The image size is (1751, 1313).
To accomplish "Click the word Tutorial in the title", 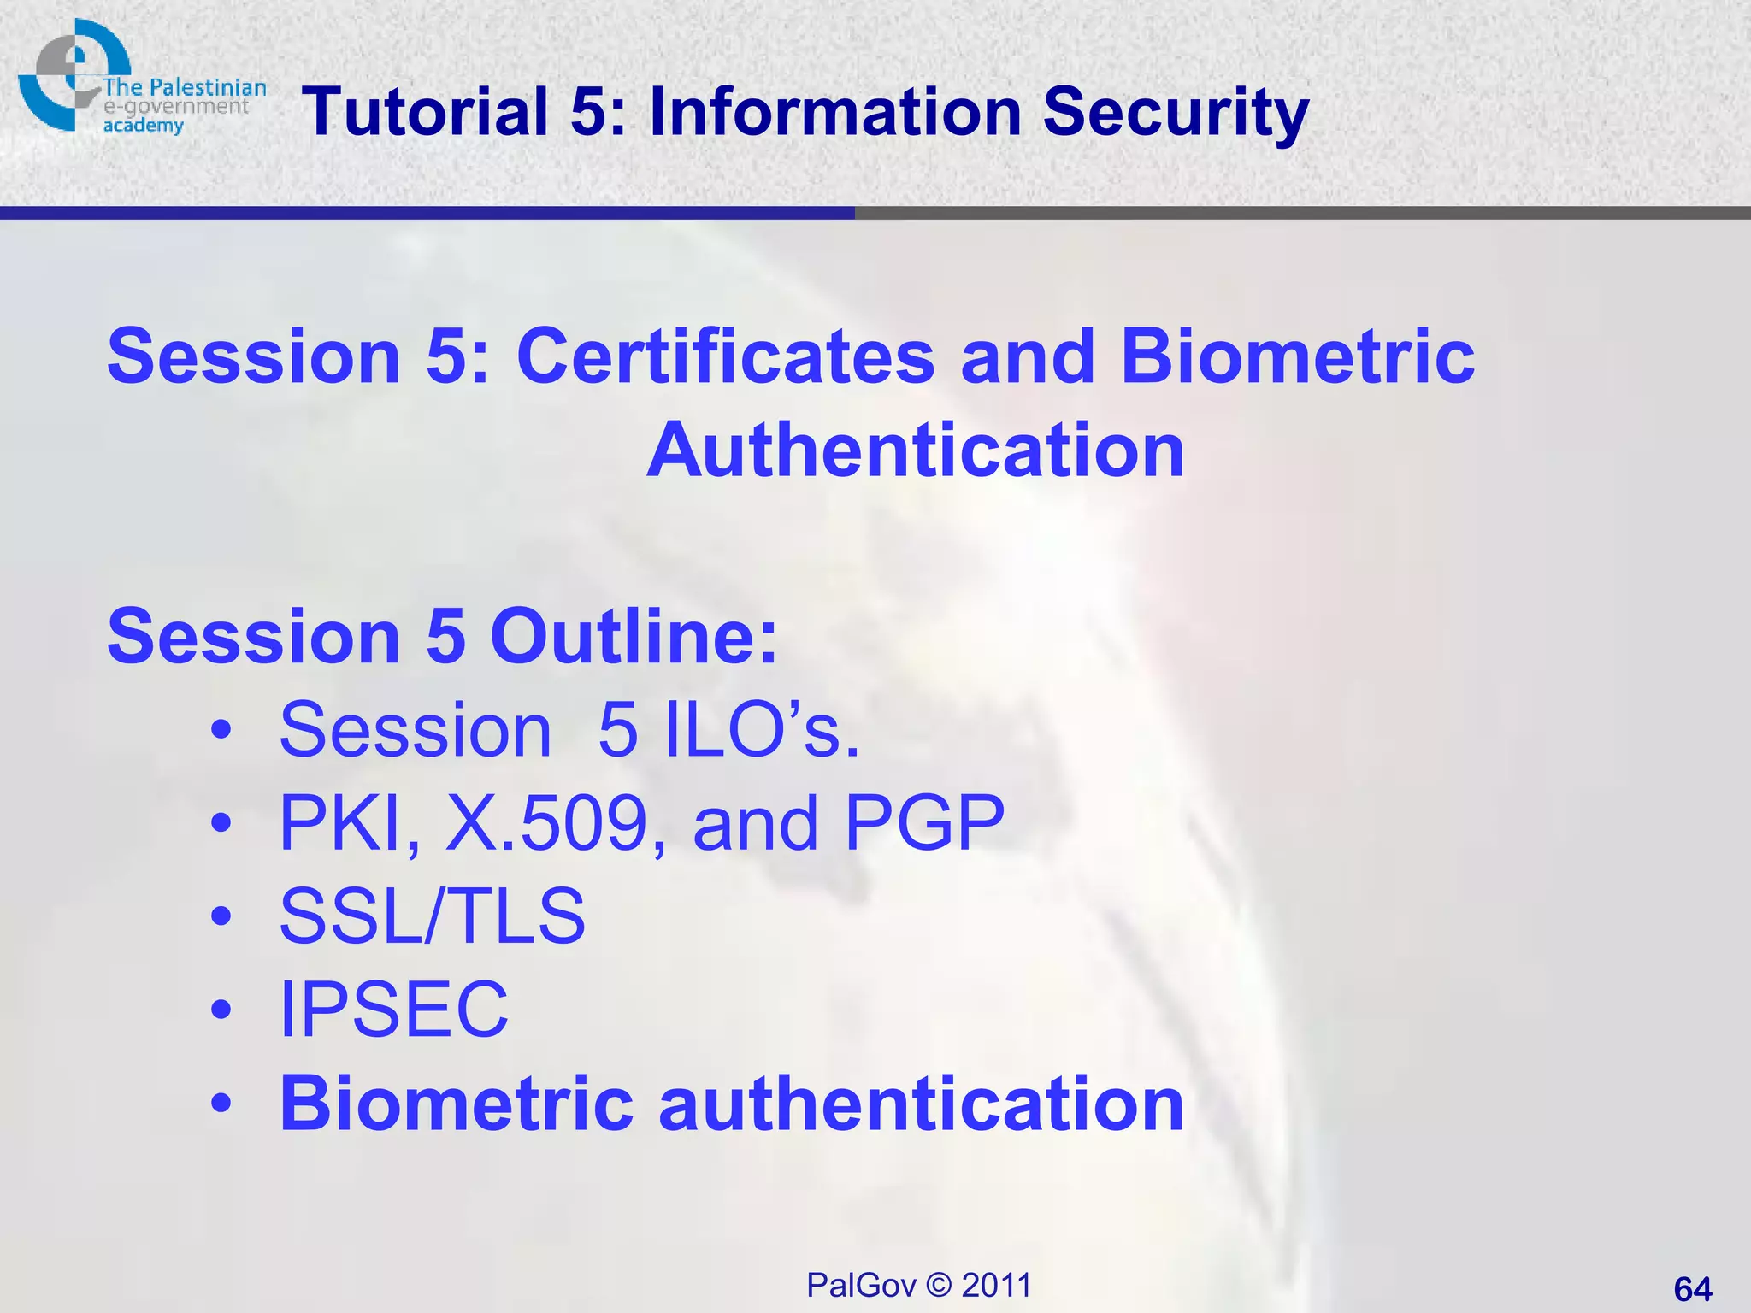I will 425,111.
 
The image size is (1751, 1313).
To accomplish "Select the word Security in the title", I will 1175,113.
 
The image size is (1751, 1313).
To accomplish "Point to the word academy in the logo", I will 143,126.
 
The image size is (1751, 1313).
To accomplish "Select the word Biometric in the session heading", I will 1297,356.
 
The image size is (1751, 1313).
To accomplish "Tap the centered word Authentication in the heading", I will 916,450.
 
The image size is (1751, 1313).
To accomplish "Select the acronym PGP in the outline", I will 924,823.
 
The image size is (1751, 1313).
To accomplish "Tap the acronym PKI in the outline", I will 350,823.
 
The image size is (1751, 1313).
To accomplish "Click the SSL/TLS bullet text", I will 433,916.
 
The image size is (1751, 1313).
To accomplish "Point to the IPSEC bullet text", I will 394,1010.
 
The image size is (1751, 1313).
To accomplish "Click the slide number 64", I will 1692,1288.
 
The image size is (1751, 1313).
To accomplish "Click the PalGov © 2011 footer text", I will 919,1285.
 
